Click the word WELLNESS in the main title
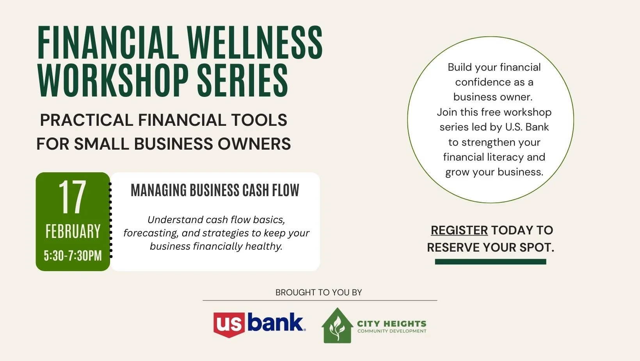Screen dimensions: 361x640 (x=254, y=43)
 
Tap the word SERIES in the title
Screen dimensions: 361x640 (x=242, y=80)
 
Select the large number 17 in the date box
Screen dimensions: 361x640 (x=72, y=197)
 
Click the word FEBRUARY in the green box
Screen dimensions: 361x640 (x=73, y=232)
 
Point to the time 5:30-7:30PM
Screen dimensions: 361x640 (x=73, y=256)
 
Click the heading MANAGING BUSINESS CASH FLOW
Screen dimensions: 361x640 (x=215, y=191)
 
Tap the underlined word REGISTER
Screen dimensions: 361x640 (x=459, y=231)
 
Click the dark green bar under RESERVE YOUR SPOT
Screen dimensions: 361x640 (x=490, y=262)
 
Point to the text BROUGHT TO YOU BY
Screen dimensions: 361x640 (x=318, y=293)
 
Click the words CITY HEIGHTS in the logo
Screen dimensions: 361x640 (x=391, y=323)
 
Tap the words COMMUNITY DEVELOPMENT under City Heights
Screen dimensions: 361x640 (x=392, y=331)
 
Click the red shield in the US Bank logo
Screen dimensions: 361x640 (x=229, y=325)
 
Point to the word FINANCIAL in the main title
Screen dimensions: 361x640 (x=108, y=43)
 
